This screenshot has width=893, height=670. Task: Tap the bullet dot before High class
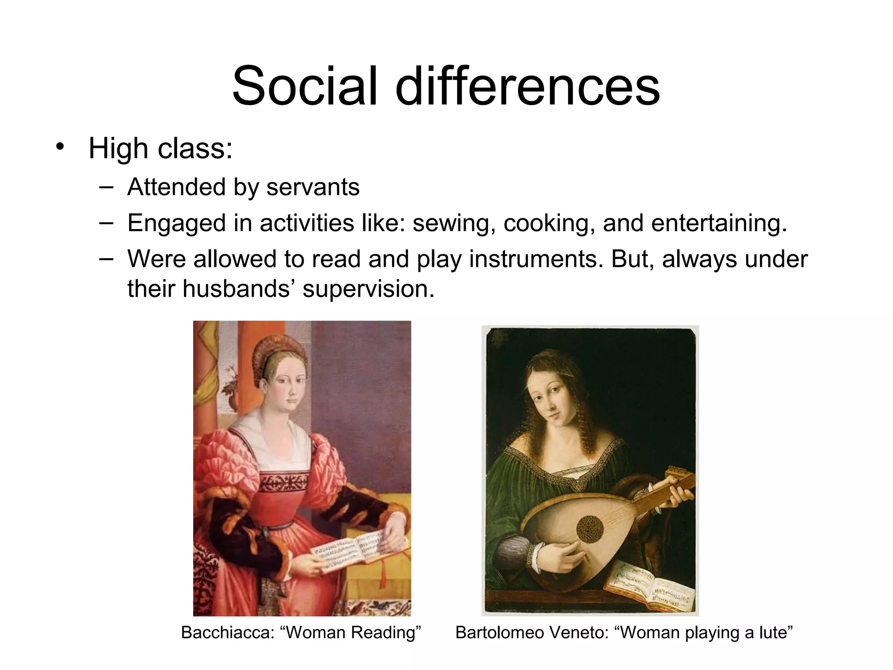pos(60,147)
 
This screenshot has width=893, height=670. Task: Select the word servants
pos(313,187)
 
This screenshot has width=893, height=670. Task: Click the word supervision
pos(368,289)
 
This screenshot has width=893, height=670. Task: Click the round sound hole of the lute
pos(590,529)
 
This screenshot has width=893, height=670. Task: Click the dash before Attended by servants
pos(106,187)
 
